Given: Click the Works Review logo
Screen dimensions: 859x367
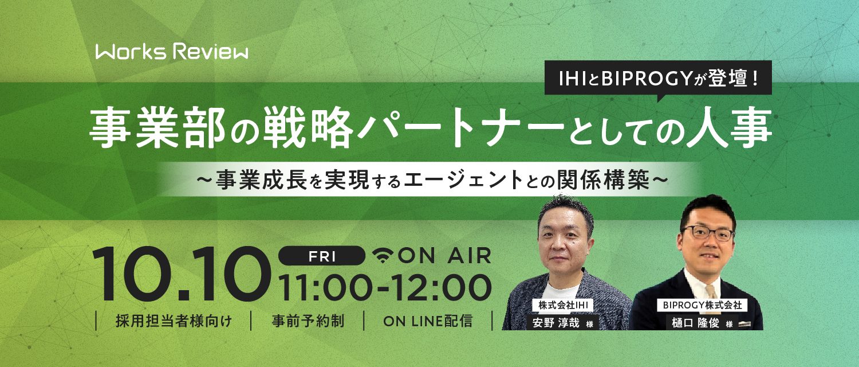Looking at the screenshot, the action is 172,52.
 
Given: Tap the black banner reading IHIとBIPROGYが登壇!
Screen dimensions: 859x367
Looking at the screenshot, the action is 658,78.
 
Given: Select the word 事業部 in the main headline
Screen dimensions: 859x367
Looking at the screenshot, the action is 157,127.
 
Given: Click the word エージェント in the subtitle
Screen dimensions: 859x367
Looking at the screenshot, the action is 463,179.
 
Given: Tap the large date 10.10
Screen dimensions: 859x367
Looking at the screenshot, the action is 181,274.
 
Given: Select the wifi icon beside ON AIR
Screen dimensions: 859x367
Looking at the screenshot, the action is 383,255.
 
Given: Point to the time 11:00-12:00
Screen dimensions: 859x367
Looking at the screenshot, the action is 385,287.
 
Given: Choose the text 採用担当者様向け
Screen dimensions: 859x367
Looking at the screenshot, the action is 174,321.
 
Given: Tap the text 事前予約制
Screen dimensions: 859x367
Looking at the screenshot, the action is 308,321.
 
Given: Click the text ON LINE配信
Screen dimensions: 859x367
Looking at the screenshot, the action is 428,321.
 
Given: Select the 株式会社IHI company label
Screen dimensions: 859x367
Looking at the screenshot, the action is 563,305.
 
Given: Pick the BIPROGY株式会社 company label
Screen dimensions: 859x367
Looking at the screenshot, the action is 702,305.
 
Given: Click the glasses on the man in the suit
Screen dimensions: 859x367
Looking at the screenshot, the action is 707,233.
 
